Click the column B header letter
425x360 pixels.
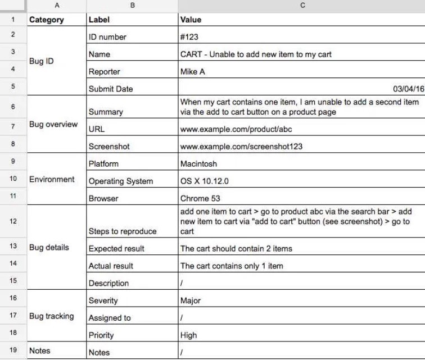coord(132,5)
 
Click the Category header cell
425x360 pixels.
coord(47,20)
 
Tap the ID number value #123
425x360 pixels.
coord(189,37)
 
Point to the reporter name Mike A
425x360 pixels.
coord(192,72)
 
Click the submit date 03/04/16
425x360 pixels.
coord(409,89)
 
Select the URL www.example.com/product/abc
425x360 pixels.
coord(236,129)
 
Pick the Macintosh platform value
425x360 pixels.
coord(198,164)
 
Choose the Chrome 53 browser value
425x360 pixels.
coord(200,198)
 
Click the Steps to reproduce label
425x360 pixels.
coord(123,231)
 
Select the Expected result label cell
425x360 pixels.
coord(116,249)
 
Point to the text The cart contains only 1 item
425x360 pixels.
coord(232,266)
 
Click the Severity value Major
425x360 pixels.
coord(191,300)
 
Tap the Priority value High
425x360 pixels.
coord(189,335)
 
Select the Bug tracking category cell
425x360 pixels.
coord(51,316)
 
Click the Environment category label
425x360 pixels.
coord(52,180)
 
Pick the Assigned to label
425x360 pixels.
coord(110,318)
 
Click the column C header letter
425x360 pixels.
coord(302,5)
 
